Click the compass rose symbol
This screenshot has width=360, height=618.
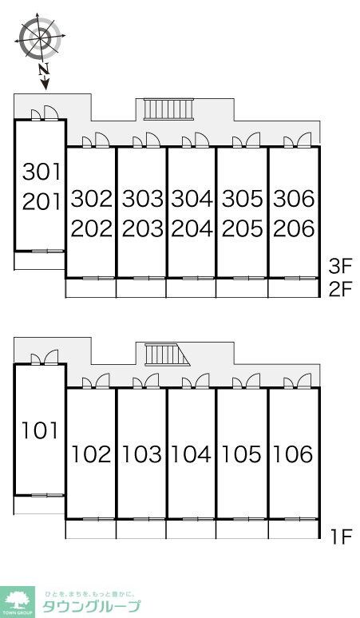pos(40,35)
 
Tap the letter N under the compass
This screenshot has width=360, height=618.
pos(43,69)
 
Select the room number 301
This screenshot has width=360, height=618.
pos(42,172)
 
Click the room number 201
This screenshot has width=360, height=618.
pos(42,201)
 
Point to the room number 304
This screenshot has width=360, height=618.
pos(192,198)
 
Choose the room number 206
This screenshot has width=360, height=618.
pos(294,228)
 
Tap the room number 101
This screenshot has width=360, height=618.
pos(39,430)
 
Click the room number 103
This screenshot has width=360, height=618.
pos(142,454)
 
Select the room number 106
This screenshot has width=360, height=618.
pos(293,454)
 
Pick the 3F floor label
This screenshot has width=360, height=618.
pos(340,267)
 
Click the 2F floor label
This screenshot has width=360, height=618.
pos(340,289)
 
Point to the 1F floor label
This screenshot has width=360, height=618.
pos(340,537)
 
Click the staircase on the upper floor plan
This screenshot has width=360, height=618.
pos(168,109)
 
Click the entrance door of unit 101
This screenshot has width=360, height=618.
pos(45,357)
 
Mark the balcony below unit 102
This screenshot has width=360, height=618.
pos(90,529)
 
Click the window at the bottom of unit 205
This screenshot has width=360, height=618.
pos(242,278)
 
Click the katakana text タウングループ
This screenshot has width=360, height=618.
pos(91,606)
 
